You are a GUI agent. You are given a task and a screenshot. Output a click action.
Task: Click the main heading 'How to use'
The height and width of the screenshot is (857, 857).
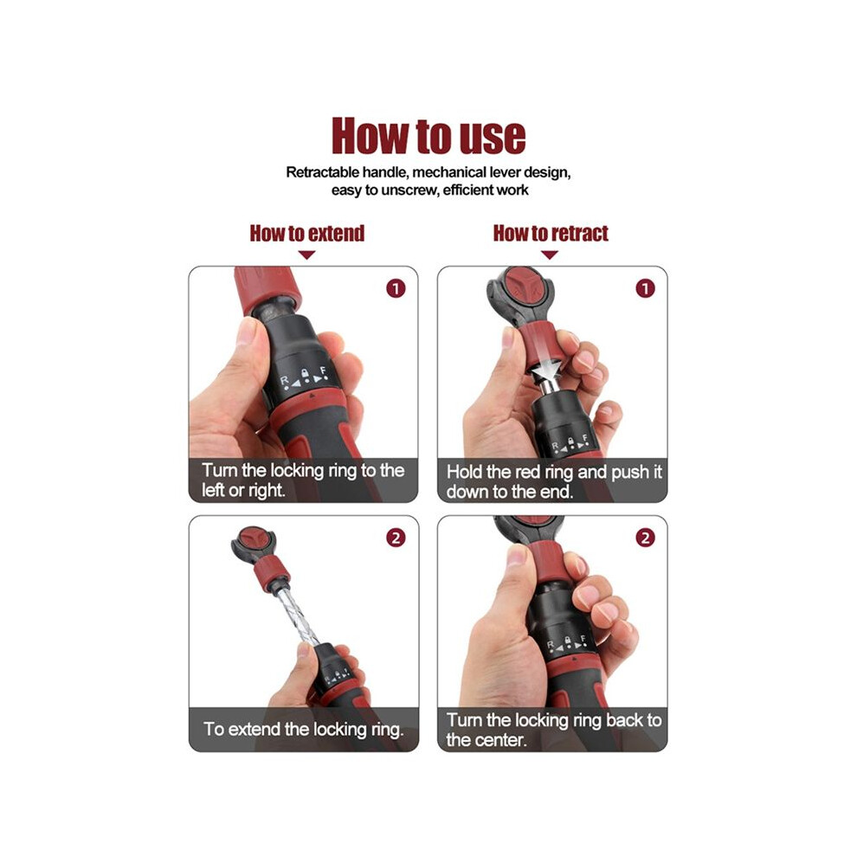[428, 136]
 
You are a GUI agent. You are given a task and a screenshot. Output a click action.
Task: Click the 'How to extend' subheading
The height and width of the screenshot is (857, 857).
[307, 234]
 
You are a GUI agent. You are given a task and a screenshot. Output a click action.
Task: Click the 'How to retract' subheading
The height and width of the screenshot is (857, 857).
[551, 234]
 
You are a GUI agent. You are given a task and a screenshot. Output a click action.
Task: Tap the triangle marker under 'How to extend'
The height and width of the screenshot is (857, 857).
[307, 255]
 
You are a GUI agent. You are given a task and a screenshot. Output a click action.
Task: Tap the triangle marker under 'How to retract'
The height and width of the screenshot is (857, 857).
[550, 255]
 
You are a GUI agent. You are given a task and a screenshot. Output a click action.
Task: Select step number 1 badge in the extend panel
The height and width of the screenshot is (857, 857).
[396, 288]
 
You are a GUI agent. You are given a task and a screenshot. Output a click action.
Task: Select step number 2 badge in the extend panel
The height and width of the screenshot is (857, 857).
[396, 538]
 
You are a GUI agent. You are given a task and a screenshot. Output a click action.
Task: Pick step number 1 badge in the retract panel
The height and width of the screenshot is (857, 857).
[645, 288]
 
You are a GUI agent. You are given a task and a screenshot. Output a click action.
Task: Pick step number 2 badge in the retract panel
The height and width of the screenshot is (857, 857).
[645, 538]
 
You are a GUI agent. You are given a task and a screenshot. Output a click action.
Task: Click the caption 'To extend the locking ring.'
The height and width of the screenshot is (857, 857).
[304, 729]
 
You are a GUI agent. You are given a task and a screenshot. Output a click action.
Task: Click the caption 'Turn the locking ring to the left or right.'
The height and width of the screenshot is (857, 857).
[303, 480]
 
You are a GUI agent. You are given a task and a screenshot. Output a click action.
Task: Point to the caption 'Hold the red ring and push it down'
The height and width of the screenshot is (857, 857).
[554, 481]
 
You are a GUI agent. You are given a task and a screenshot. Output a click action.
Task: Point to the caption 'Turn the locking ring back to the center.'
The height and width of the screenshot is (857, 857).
[554, 730]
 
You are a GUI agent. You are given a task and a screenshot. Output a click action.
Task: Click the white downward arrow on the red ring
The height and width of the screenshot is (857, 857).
[544, 364]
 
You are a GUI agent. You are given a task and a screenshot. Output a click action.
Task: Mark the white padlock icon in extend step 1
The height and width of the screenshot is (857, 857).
[306, 374]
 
